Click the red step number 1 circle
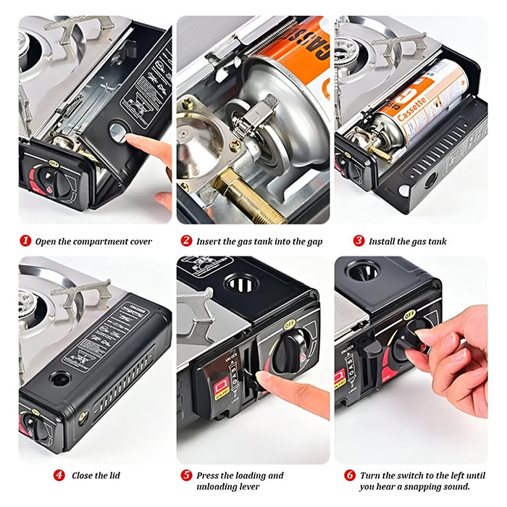coord(25,240)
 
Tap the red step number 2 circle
coord(186,240)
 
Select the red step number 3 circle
coord(358,240)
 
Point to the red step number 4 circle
coord(59,476)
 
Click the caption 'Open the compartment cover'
coord(93,241)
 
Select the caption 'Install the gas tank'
coord(408,241)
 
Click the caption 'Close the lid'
coord(96,476)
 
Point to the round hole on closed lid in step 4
coord(59,378)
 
